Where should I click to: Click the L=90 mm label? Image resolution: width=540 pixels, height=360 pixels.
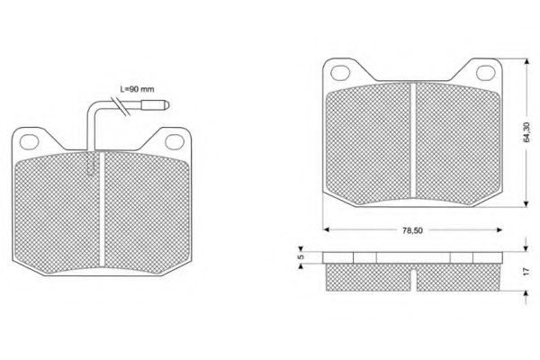tap(137, 89)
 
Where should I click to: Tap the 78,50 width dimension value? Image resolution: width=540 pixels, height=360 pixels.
tap(412, 230)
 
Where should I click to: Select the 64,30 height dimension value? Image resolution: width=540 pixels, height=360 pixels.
tap(526, 132)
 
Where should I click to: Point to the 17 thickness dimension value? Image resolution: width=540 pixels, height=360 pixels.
tap(526, 271)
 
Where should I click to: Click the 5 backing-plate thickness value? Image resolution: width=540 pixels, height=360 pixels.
tap(301, 257)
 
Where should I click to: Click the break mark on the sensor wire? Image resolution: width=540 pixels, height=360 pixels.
tap(121, 106)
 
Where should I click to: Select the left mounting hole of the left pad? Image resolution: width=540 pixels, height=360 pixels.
tap(29, 142)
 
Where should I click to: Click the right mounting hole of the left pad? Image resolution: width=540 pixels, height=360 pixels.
tap(175, 141)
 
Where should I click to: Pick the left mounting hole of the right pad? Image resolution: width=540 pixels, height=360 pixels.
tap(340, 73)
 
